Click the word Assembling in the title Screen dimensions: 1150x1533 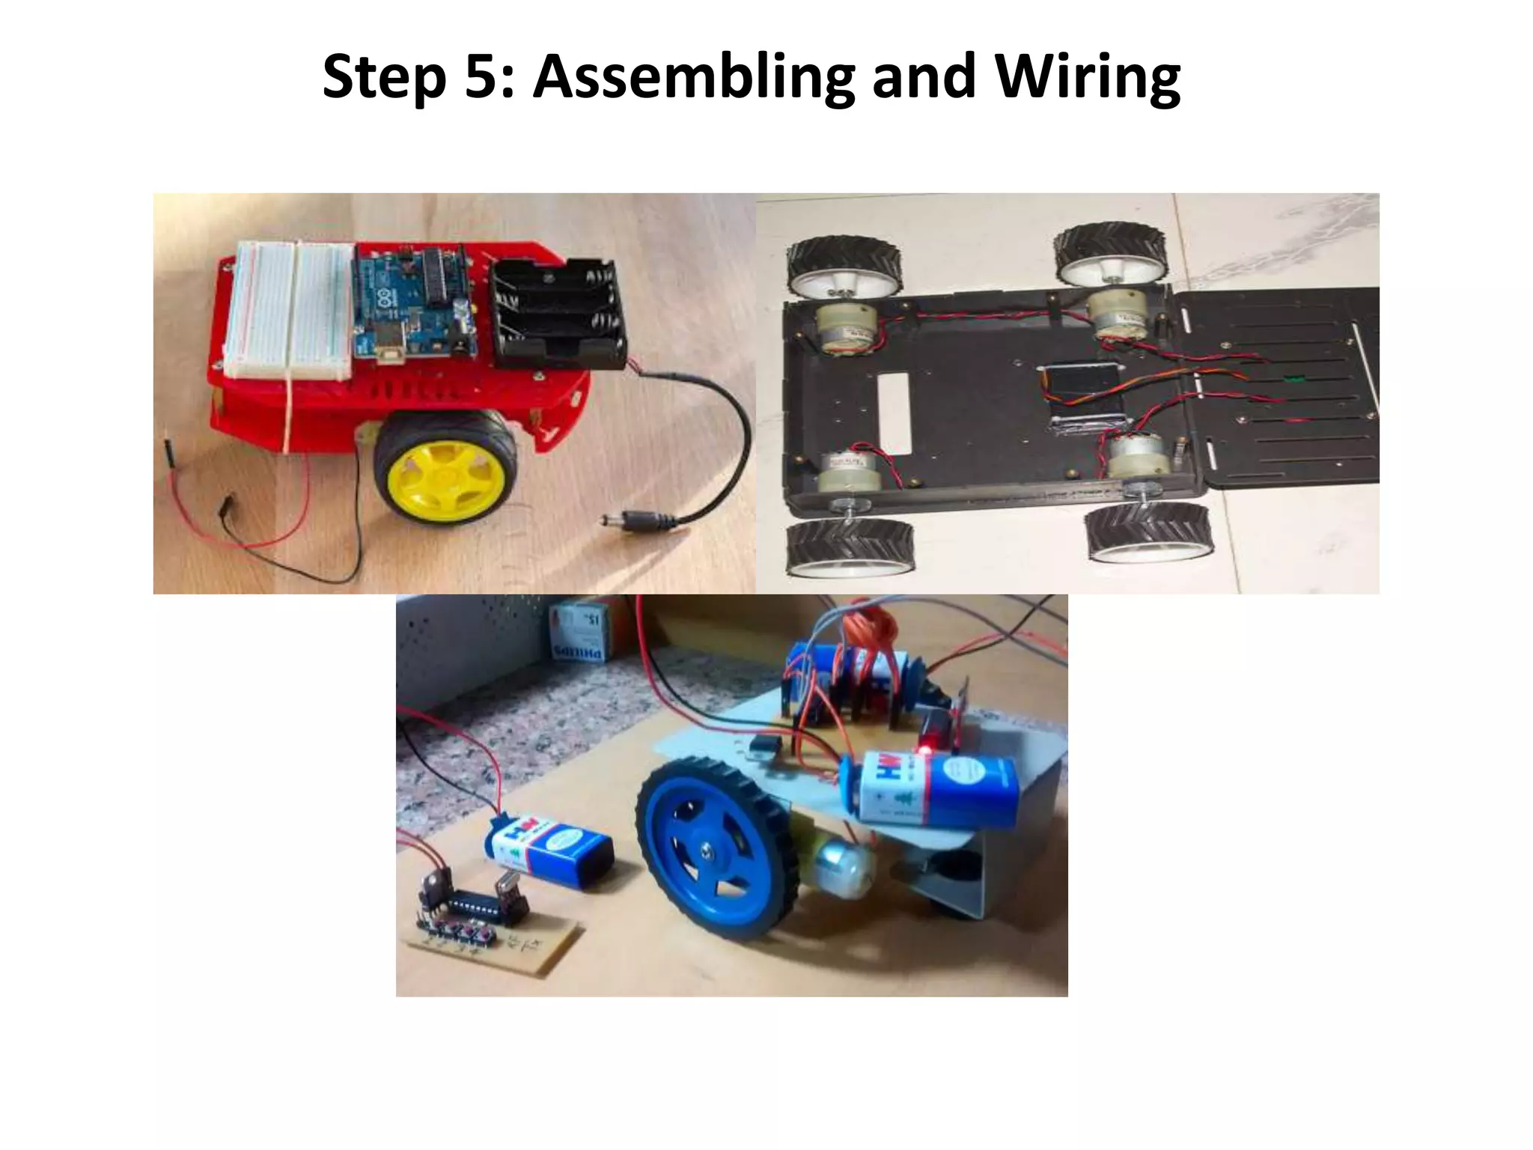coord(693,76)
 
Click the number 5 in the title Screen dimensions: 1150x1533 coord(484,76)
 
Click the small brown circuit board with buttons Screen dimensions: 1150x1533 coord(494,929)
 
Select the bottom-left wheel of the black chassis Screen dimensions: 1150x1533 coord(850,546)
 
